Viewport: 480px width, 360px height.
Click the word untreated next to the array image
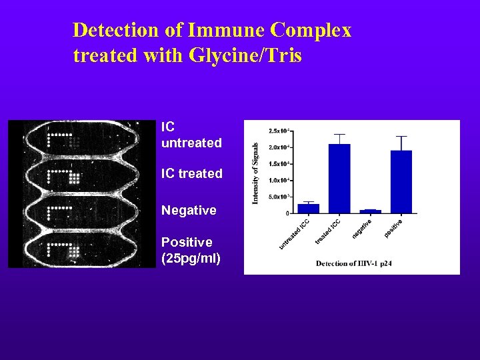click(191, 143)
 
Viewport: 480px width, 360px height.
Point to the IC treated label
click(191, 173)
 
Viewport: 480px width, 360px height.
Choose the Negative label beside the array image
click(189, 210)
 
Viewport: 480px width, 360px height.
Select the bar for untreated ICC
click(308, 209)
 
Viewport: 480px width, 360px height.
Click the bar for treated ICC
click(339, 179)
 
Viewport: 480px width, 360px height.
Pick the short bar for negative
click(370, 211)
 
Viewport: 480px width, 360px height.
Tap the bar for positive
click(401, 182)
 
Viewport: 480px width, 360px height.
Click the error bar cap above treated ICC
click(339, 134)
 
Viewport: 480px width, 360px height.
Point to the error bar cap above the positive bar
click(401, 137)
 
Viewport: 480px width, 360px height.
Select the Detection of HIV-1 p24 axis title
click(354, 263)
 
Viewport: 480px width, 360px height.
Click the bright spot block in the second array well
click(75, 177)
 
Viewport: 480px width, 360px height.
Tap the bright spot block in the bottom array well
click(75, 251)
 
